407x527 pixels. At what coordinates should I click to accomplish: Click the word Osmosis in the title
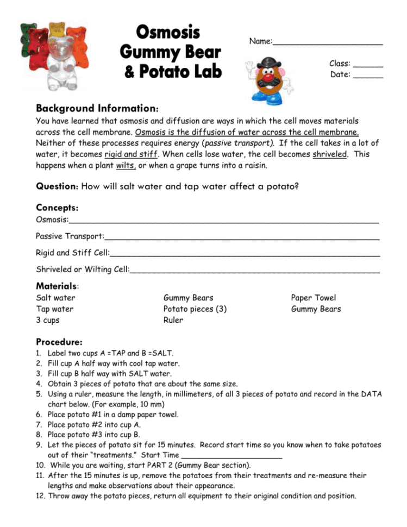pyautogui.click(x=167, y=32)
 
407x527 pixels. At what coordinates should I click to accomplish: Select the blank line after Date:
pyautogui.click(x=367, y=77)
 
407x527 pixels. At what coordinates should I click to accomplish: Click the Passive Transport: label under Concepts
pyautogui.click(x=70, y=236)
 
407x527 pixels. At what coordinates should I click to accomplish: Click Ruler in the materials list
pyautogui.click(x=173, y=320)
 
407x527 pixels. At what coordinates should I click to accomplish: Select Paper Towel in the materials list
pyautogui.click(x=313, y=297)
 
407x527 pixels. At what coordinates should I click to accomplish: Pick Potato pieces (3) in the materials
pyautogui.click(x=195, y=309)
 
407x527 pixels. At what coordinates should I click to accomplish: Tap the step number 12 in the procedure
pyautogui.click(x=41, y=495)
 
